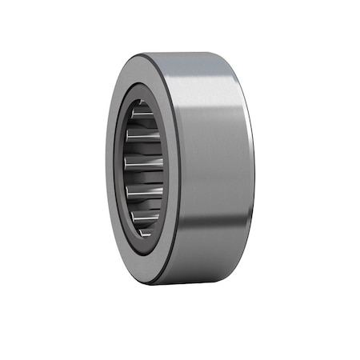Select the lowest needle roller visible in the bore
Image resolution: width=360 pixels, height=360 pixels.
pos(145,230)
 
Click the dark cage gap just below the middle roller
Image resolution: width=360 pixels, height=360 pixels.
pos(144,177)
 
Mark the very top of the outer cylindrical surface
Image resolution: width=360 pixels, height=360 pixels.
pos(196,53)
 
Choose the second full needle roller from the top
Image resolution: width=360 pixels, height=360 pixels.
pos(143,137)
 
